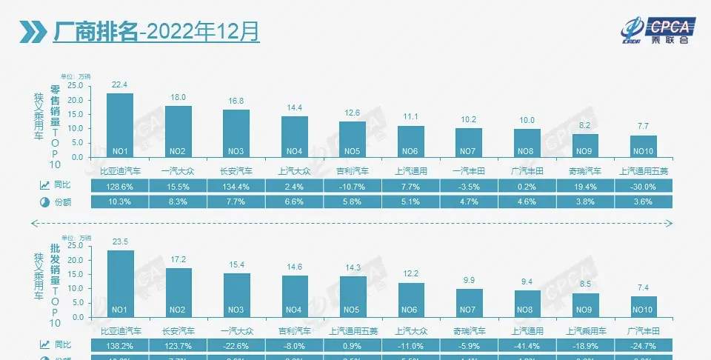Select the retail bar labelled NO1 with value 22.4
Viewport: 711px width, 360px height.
[120, 125]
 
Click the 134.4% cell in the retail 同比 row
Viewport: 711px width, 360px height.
[236, 186]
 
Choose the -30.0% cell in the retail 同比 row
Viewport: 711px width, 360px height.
[644, 186]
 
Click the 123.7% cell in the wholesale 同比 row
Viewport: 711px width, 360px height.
[178, 346]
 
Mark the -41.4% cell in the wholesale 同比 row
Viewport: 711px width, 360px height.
[527, 346]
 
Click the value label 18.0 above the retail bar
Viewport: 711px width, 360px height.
[178, 98]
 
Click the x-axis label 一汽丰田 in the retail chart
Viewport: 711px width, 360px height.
[469, 170]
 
